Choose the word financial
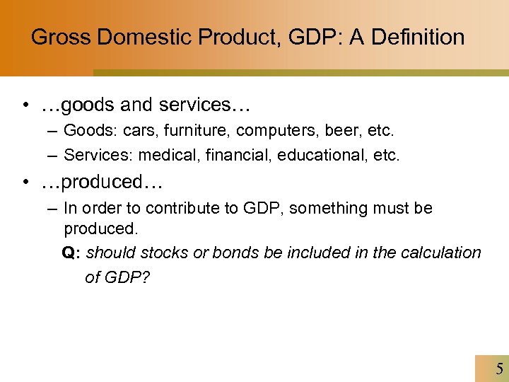coord(231,155)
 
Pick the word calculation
coord(443,253)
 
